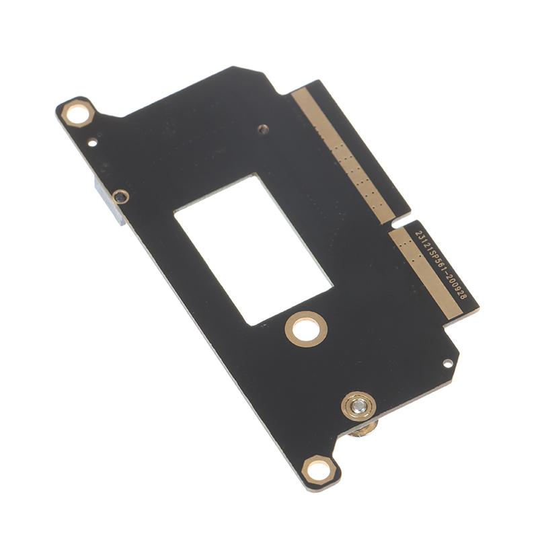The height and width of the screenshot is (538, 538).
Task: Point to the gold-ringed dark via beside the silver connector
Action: coord(120,197)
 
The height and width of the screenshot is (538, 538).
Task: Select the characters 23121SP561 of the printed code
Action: coord(430,246)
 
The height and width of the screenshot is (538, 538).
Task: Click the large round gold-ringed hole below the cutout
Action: coord(306,330)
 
